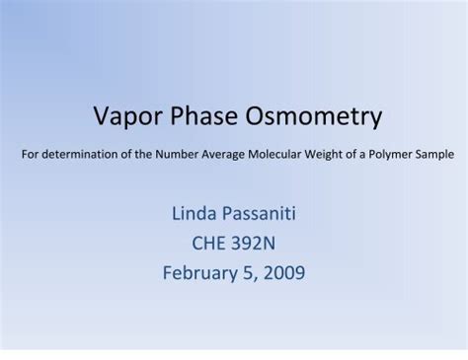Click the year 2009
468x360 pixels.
point(283,272)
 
